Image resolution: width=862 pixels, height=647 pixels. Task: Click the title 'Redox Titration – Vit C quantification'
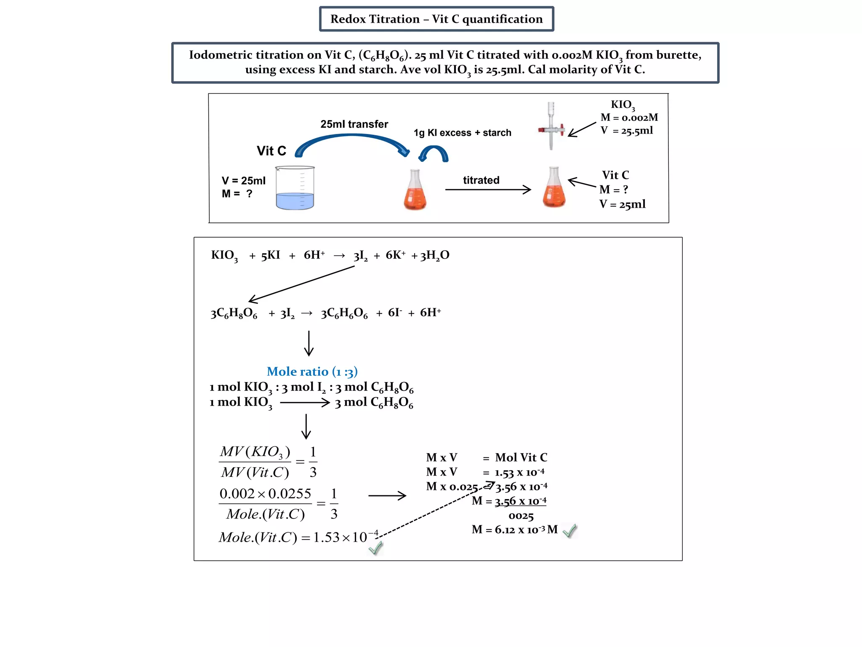[436, 19]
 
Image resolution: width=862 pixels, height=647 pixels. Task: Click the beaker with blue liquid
[295, 189]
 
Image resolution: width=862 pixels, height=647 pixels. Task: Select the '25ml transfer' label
[354, 124]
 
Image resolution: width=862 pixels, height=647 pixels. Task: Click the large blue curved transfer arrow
[352, 141]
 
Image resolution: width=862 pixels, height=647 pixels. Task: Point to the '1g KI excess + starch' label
[462, 133]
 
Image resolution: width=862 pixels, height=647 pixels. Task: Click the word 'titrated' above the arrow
[481, 180]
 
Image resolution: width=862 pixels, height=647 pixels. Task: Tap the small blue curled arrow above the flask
[434, 153]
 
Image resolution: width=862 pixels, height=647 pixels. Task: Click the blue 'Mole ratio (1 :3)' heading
[312, 372]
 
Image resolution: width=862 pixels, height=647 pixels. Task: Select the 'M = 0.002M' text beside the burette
[629, 118]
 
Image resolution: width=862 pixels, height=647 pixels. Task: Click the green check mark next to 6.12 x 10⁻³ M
[569, 531]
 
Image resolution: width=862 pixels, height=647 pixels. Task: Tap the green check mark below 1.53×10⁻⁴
[375, 548]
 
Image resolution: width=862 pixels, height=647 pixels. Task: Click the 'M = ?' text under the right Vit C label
[614, 190]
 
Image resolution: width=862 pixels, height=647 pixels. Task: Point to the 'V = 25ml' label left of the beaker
[243, 181]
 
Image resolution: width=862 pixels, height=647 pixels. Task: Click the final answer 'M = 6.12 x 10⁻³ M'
[514, 529]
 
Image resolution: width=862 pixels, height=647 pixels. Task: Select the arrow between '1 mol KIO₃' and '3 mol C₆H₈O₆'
[305, 403]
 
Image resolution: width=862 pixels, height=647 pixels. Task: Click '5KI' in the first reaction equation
[270, 255]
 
